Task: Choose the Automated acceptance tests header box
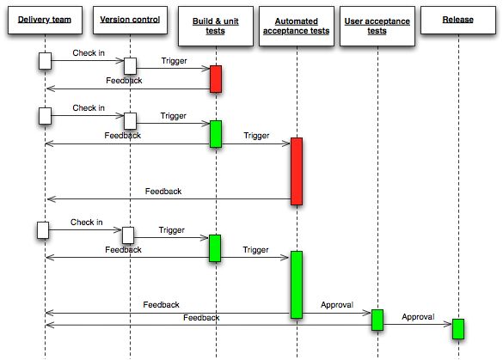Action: point(296,25)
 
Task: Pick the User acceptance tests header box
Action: point(376,25)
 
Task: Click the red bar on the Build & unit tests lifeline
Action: point(215,78)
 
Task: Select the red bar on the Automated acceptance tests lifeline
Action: point(296,170)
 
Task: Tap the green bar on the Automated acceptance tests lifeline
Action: point(296,284)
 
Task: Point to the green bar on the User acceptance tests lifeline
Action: point(377,320)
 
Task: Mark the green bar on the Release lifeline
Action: point(458,328)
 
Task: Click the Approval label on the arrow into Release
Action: point(418,316)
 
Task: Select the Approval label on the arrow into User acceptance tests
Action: point(337,305)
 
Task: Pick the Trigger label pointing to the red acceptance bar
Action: point(256,136)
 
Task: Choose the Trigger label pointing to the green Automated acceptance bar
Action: point(256,250)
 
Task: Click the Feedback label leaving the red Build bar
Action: point(124,81)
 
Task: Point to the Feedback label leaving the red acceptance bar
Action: point(163,191)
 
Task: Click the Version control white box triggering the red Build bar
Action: point(130,66)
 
